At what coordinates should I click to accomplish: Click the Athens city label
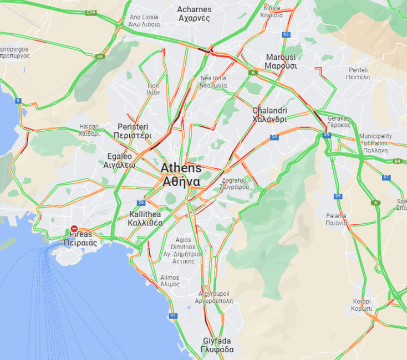point(181,174)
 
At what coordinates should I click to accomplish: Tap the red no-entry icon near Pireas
point(74,228)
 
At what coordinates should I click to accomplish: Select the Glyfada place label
point(217,345)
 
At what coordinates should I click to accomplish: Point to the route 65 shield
point(100,56)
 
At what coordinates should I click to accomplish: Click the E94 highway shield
point(91,12)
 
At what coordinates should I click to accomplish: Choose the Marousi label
point(281,61)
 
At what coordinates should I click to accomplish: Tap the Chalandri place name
point(269,115)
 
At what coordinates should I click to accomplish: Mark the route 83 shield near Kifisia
point(286,34)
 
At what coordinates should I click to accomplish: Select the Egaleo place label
point(119,161)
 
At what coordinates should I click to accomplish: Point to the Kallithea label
point(145,218)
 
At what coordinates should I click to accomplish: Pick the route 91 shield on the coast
point(173,316)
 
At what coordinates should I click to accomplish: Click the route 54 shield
point(274,136)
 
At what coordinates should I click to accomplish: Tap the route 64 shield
point(397,161)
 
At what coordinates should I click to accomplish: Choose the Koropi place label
point(362,305)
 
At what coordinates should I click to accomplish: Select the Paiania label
point(337,219)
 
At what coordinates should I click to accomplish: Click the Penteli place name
point(358,74)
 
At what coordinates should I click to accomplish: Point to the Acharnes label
point(194,13)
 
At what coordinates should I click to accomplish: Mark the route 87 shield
point(386,177)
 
